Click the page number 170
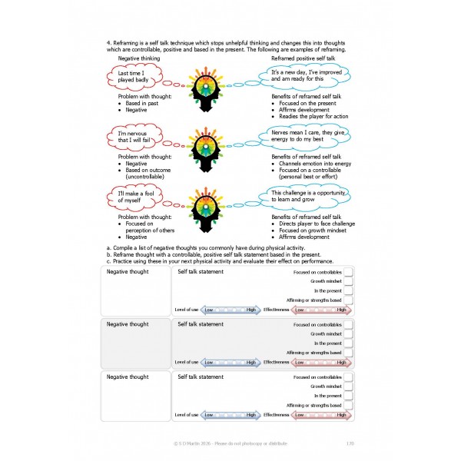point(350,442)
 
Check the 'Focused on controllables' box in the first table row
point(348,272)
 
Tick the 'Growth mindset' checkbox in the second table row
point(348,333)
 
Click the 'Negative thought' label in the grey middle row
point(128,324)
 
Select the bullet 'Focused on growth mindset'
point(307,230)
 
